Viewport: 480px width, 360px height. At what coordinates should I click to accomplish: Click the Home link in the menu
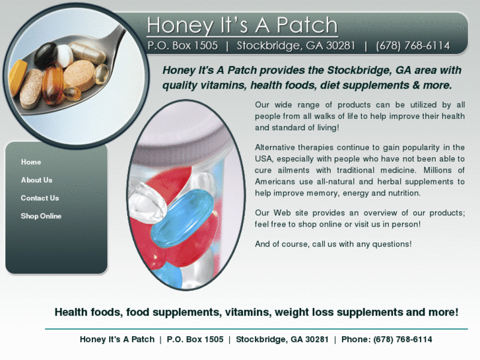[x=31, y=162]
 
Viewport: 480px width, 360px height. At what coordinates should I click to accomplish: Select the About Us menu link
[x=36, y=180]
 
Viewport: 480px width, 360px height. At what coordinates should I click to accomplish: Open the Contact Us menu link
[x=40, y=198]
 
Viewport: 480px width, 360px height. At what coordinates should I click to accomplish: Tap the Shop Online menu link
[x=41, y=216]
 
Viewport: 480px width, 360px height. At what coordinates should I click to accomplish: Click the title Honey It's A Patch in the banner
[x=242, y=25]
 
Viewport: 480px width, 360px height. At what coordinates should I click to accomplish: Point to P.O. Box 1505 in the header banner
[x=183, y=46]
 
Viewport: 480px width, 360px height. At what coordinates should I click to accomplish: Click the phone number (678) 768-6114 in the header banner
[x=413, y=46]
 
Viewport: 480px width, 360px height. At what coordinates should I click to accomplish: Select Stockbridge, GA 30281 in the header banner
[x=296, y=46]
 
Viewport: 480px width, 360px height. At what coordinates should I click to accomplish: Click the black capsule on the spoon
[x=45, y=55]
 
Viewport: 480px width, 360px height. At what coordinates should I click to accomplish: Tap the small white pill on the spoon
[x=65, y=55]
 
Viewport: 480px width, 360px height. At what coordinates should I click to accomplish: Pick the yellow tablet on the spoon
[x=17, y=77]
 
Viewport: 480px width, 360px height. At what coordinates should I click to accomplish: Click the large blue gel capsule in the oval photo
[x=182, y=218]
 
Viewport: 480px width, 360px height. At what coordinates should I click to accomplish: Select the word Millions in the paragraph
[x=438, y=170]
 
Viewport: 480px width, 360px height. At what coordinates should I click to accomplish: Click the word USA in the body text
[x=263, y=159]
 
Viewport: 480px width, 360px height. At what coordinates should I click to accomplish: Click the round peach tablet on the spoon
[x=79, y=76]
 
